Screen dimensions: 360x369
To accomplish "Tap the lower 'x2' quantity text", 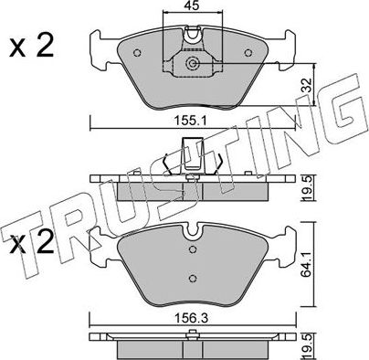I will tap(30, 244).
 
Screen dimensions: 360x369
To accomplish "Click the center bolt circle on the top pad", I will tap(192, 64).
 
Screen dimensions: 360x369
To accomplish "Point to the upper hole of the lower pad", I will tap(192, 250).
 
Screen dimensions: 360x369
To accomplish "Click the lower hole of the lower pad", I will tap(192, 279).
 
